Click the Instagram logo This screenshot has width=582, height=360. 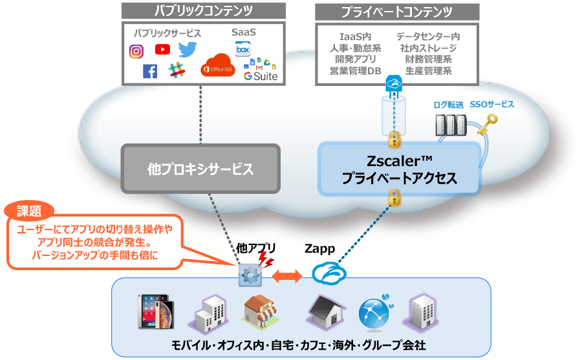[136, 51]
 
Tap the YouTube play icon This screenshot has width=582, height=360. [162, 49]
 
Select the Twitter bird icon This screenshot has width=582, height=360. [188, 50]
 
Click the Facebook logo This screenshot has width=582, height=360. [150, 71]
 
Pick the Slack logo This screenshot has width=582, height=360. [177, 70]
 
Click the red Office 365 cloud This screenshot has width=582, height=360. [218, 65]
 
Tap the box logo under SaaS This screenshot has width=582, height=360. [243, 49]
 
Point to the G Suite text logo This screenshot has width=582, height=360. [261, 76]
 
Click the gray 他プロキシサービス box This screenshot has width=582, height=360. [200, 169]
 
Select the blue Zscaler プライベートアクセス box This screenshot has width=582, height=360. [400, 169]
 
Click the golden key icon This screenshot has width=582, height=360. [488, 125]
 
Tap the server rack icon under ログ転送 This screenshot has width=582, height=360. [451, 125]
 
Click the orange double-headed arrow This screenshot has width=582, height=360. [287, 277]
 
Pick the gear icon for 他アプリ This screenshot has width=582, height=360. [250, 275]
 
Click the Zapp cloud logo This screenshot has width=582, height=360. [329, 273]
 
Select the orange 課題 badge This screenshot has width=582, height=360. [29, 211]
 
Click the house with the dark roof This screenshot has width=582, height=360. [326, 312]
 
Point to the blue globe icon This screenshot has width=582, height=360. [375, 312]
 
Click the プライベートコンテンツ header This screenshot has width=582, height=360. [397, 12]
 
